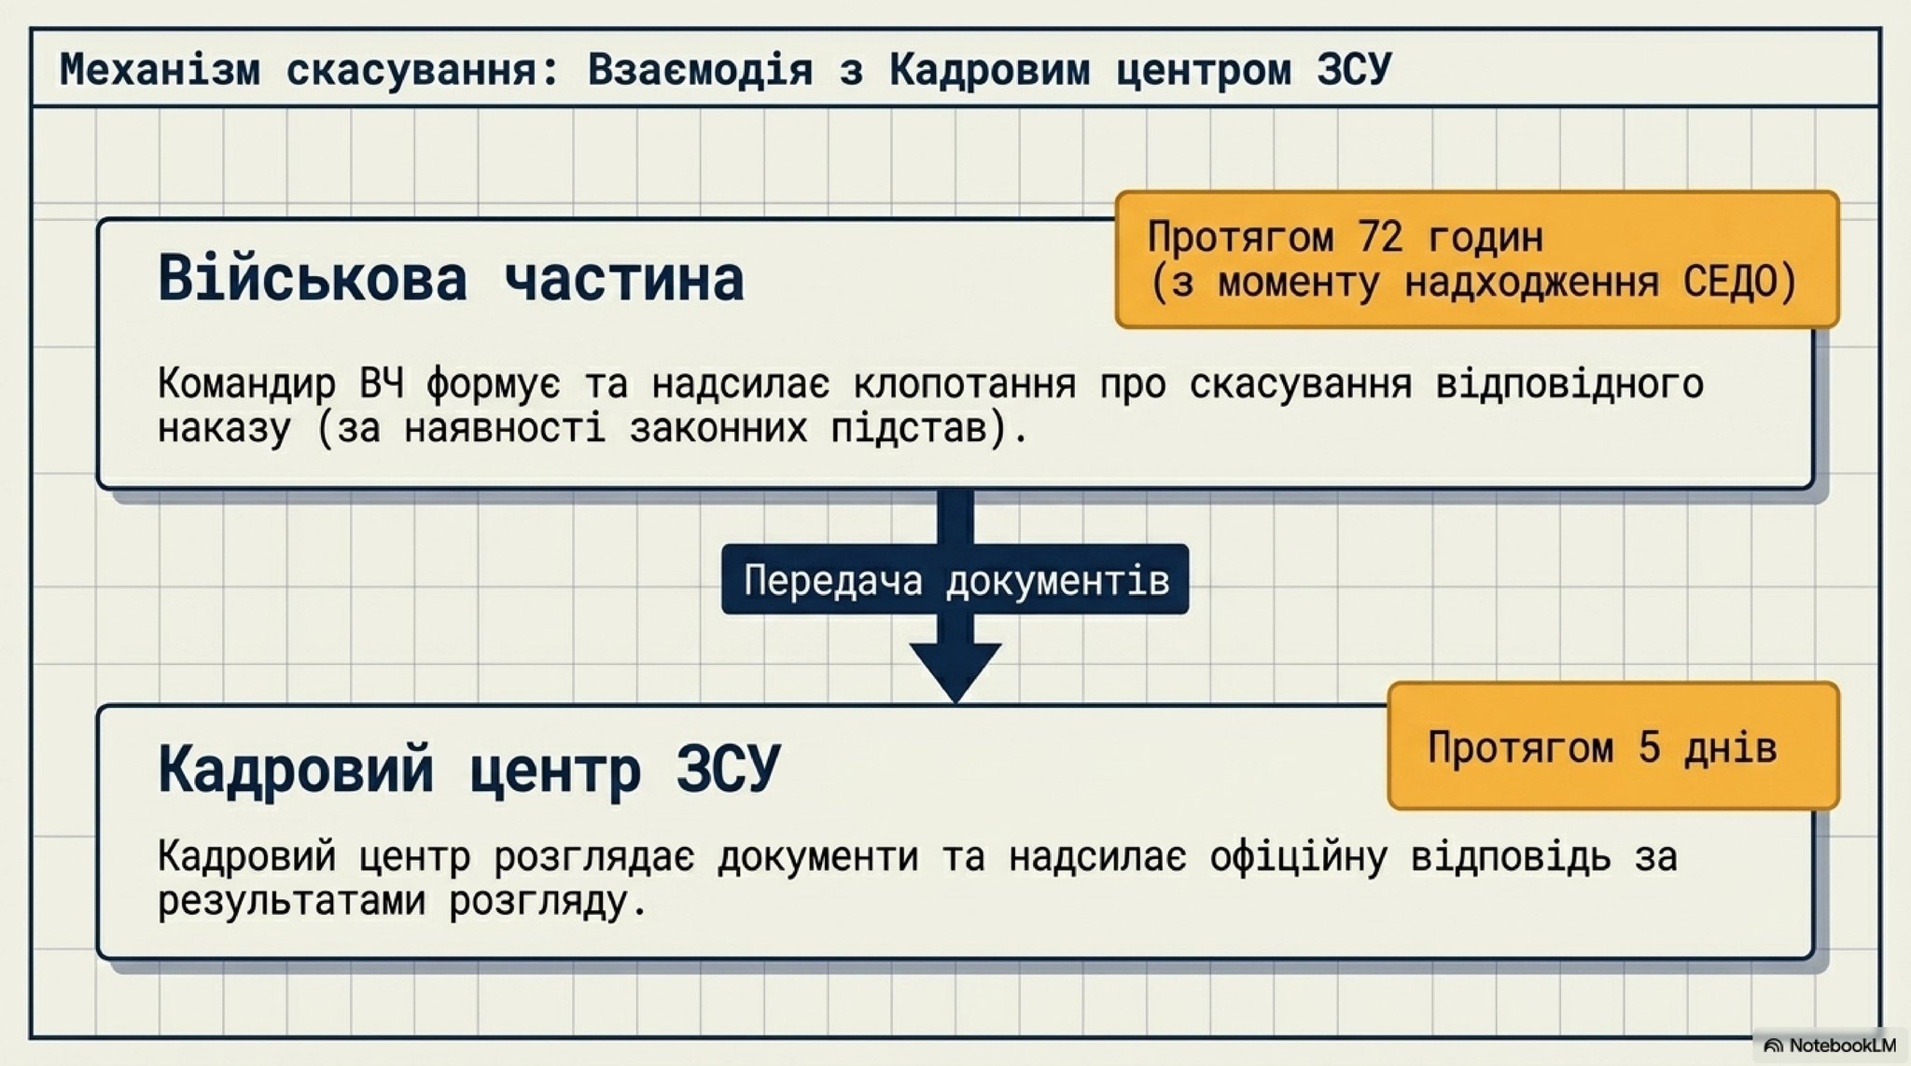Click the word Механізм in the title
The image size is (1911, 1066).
[x=160, y=70]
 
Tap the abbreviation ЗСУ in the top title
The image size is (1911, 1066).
[x=1354, y=70]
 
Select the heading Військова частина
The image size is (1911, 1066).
[x=451, y=278]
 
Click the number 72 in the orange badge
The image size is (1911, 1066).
[x=1381, y=237]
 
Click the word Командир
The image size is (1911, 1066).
[x=246, y=383]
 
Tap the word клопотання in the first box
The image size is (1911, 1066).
[x=965, y=383]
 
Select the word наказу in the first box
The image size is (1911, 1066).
[x=224, y=429]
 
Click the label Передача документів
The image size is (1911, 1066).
[x=956, y=580]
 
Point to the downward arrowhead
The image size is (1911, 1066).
[x=955, y=671]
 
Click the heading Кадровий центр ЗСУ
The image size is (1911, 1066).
[x=468, y=769]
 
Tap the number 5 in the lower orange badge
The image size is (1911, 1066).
[x=1649, y=747]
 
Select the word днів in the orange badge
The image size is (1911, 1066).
[x=1730, y=747]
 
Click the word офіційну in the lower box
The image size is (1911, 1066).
[x=1299, y=856]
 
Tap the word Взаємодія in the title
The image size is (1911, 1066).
[x=700, y=70]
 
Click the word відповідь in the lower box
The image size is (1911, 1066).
[x=1511, y=856]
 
